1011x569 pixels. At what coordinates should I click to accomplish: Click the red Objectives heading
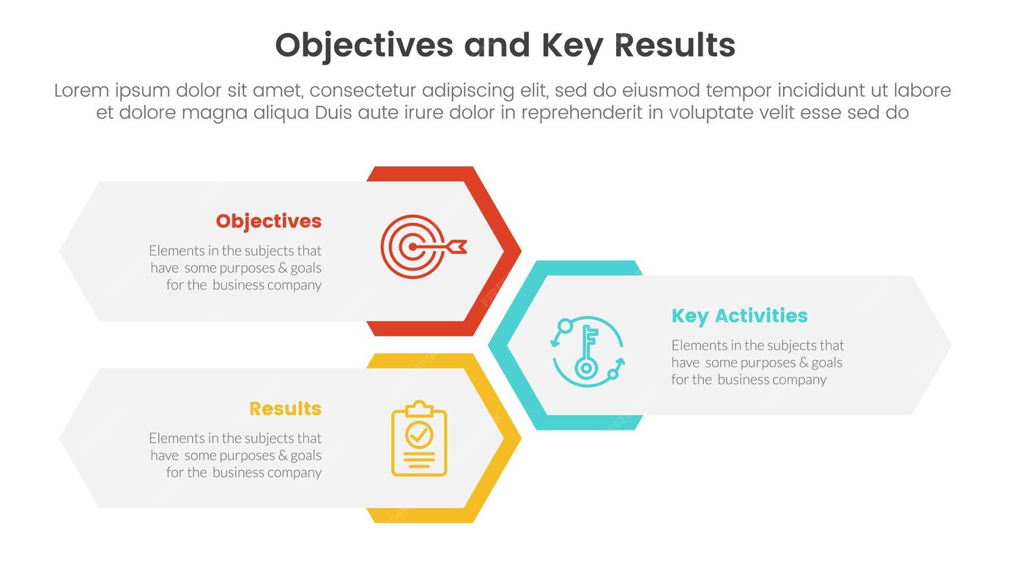coord(269,221)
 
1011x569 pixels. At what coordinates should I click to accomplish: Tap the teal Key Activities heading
coord(739,316)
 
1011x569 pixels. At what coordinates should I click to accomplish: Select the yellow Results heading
coord(285,408)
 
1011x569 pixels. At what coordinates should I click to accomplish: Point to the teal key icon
coord(586,352)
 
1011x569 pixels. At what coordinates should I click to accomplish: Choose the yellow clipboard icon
coord(419,438)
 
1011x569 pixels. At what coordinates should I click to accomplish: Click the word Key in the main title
coord(572,46)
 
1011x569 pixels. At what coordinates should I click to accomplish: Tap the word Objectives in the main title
coord(364,46)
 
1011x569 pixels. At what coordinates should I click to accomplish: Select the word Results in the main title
coord(675,45)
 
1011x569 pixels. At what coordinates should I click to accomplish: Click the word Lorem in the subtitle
coord(81,90)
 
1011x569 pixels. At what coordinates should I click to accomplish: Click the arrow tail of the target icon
coord(459,246)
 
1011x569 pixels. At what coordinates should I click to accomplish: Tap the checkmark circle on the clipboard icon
coord(419,434)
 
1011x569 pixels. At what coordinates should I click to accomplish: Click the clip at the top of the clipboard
coord(419,408)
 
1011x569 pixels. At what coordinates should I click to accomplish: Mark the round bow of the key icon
coord(586,369)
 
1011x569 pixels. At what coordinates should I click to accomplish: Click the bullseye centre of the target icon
coord(412,247)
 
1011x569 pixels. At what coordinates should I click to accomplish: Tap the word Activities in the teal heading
coord(761,315)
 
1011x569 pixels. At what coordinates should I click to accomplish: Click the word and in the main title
coord(497,45)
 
